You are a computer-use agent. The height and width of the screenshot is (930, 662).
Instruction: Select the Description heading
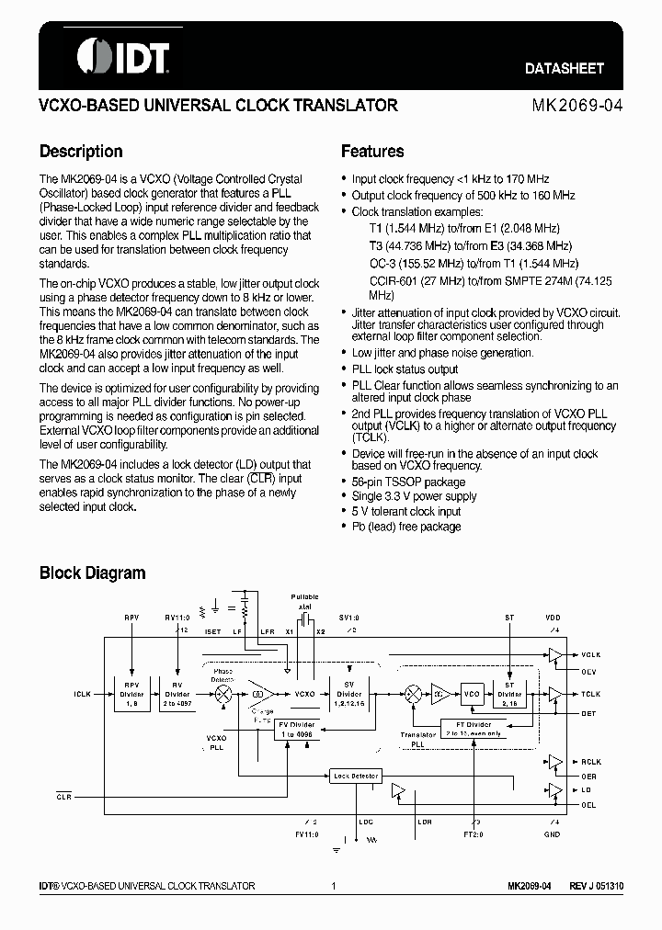(x=81, y=152)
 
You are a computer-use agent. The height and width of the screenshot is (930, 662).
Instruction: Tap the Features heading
(x=372, y=152)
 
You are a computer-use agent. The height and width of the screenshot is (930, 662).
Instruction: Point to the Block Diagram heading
(x=92, y=573)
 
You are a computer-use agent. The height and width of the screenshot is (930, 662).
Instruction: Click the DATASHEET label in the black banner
(x=565, y=68)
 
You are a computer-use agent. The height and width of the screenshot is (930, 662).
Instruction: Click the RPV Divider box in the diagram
(x=131, y=695)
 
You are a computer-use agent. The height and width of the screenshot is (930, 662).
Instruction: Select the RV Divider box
(x=177, y=695)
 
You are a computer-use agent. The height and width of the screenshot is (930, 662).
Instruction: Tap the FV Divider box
(x=296, y=729)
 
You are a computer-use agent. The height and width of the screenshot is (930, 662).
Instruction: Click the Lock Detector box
(x=355, y=777)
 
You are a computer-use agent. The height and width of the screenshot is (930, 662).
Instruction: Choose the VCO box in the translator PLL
(x=472, y=695)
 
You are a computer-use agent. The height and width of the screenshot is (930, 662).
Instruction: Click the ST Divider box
(x=510, y=695)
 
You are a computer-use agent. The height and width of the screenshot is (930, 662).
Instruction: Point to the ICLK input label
(x=83, y=695)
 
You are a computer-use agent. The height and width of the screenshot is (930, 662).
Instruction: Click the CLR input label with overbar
(x=63, y=797)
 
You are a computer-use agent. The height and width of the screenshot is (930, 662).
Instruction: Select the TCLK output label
(x=590, y=695)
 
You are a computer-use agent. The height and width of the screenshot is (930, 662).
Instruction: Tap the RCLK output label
(x=590, y=762)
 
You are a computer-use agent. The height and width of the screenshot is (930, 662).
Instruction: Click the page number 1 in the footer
(x=333, y=886)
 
